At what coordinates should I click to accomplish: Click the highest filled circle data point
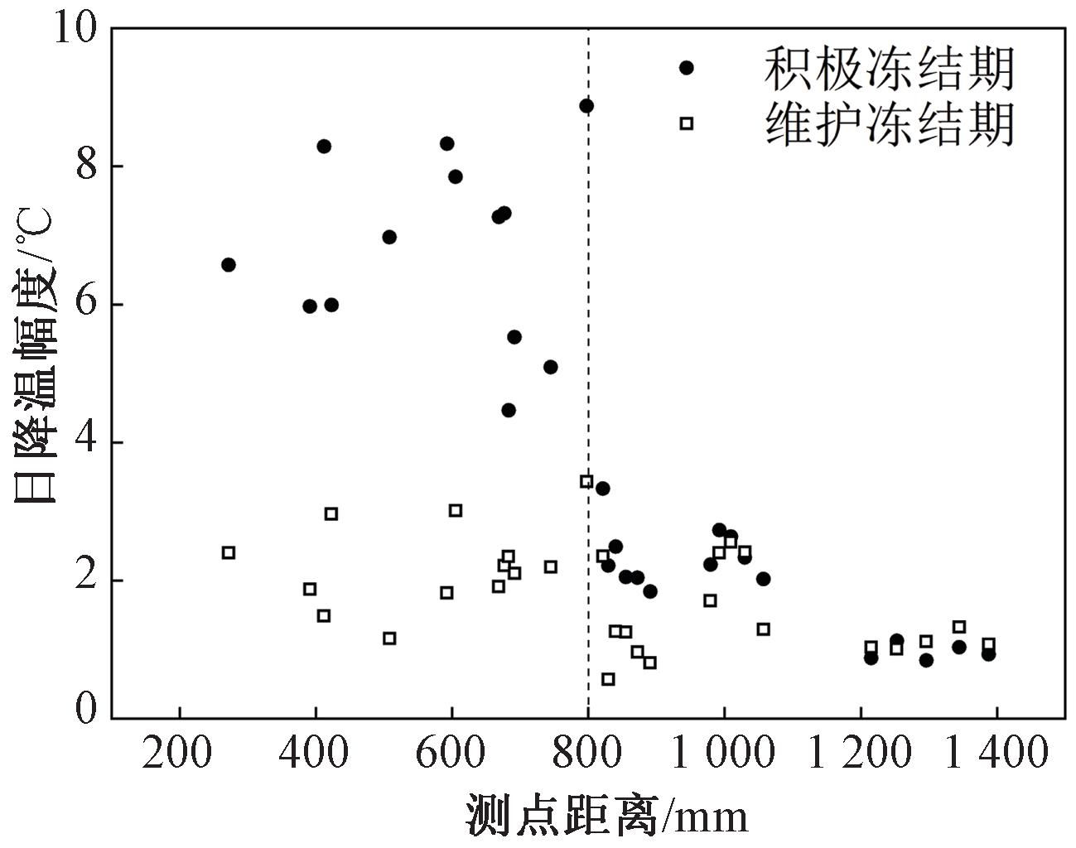click(x=586, y=106)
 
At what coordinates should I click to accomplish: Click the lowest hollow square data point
click(x=608, y=679)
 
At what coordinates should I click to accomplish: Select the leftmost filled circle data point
click(x=229, y=265)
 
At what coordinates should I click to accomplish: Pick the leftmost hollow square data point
click(x=229, y=552)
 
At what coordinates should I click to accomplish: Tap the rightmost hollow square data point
click(x=988, y=644)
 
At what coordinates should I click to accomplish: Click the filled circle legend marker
click(x=686, y=68)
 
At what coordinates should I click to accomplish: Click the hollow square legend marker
click(x=686, y=123)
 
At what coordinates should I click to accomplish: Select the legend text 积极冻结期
click(x=890, y=68)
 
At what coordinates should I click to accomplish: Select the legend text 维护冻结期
click(x=890, y=124)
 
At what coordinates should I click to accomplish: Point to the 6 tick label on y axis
click(x=86, y=304)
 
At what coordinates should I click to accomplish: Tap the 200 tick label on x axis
click(x=179, y=754)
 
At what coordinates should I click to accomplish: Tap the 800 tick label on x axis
click(x=587, y=754)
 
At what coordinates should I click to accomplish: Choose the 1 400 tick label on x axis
click(x=996, y=754)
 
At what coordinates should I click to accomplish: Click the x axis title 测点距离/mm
click(x=607, y=816)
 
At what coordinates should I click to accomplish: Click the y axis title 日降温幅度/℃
click(x=35, y=356)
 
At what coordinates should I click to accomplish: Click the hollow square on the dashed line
click(x=586, y=481)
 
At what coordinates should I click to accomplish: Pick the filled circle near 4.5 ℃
click(x=509, y=410)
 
